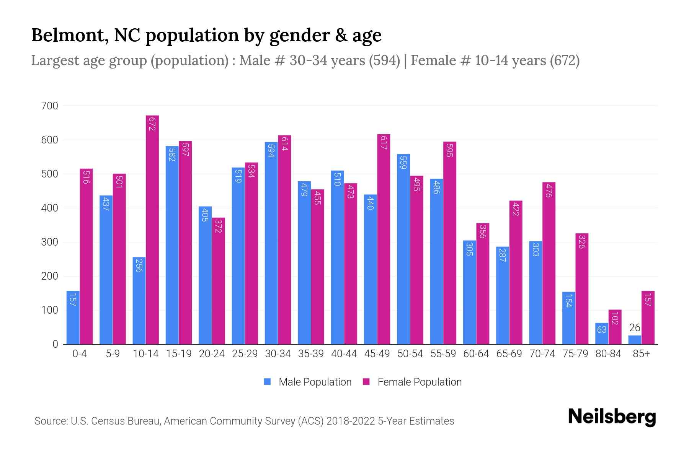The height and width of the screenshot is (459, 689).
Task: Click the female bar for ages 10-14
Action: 152,229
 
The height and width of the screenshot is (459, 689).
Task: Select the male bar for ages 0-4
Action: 73,317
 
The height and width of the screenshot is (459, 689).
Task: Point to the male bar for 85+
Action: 634,340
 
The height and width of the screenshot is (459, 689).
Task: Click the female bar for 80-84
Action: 615,327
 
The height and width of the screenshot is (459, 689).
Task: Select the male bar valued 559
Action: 403,249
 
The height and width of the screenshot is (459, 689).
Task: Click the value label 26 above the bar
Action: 634,328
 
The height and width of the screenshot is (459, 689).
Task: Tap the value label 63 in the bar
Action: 601,329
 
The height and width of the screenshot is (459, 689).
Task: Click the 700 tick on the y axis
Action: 50,106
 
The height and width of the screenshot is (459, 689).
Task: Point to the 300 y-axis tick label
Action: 50,242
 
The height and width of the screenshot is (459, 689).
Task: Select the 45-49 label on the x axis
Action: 377,354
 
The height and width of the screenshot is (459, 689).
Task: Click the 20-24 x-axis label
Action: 212,354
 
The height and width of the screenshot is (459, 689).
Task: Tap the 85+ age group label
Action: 641,354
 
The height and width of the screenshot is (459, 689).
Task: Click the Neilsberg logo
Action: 612,417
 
